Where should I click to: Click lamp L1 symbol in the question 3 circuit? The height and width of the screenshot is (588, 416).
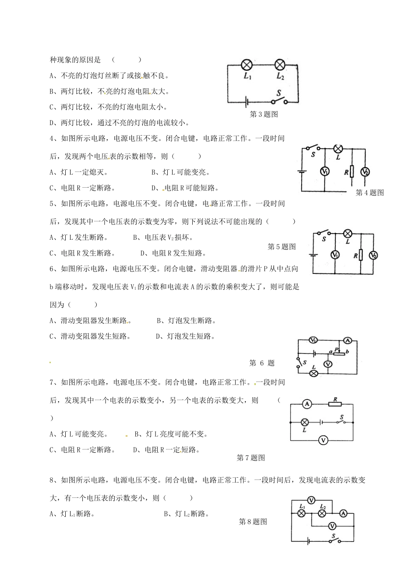point(247,65)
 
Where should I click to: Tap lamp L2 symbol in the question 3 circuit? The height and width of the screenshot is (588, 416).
point(280,65)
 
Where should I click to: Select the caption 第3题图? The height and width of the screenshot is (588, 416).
point(264,114)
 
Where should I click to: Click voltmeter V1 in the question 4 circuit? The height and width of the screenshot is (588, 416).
point(324,171)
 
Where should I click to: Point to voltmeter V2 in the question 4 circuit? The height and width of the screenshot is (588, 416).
point(365,172)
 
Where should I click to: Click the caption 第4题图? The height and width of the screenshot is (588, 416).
point(370,192)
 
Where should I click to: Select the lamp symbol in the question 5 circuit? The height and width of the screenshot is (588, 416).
point(348,233)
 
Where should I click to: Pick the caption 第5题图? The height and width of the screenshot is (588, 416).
point(282,247)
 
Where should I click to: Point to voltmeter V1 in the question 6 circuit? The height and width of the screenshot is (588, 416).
point(313,340)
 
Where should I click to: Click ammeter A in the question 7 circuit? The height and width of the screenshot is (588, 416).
point(307,404)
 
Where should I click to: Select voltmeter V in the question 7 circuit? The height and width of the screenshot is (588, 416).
point(323,440)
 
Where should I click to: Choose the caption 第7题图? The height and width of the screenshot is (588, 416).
point(251,458)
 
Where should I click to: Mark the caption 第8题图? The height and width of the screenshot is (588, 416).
point(253,521)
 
